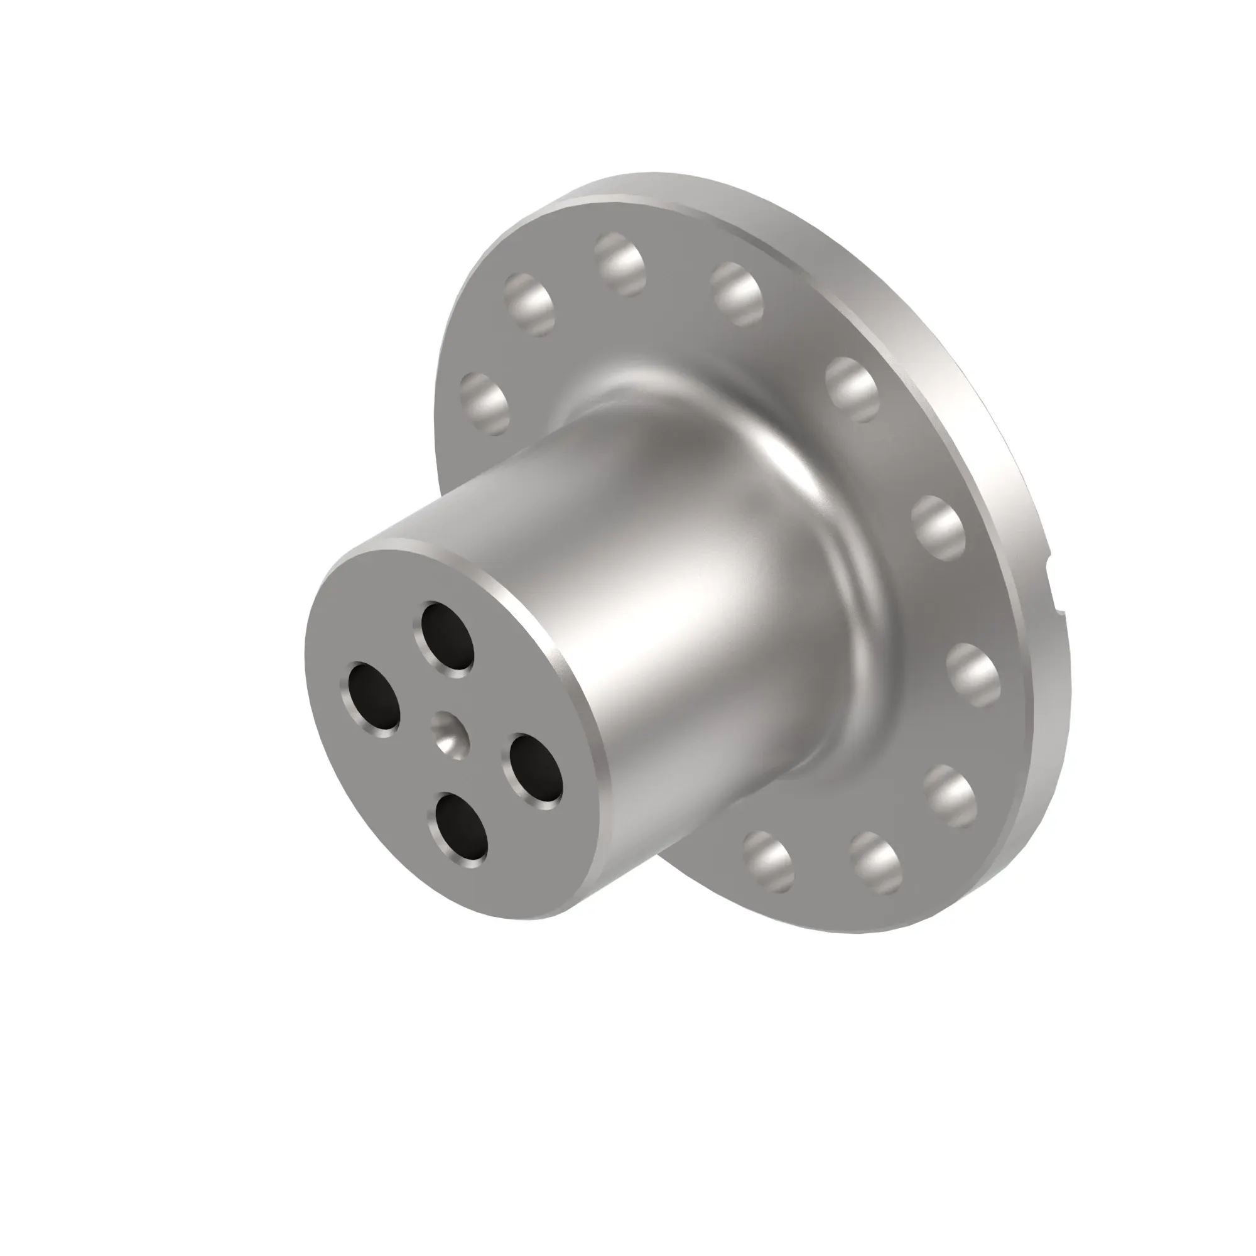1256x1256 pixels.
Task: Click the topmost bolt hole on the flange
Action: pyautogui.click(x=619, y=264)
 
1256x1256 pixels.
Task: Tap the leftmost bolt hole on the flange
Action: pyautogui.click(x=484, y=403)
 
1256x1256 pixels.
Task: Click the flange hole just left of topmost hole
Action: pyautogui.click(x=529, y=304)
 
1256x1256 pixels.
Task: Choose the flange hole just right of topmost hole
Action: pyautogui.click(x=736, y=294)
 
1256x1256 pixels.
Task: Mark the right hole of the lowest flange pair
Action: pyautogui.click(x=875, y=863)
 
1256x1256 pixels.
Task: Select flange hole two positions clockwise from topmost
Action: pyautogui.click(x=852, y=389)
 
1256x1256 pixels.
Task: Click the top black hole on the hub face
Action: pyautogui.click(x=447, y=635)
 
